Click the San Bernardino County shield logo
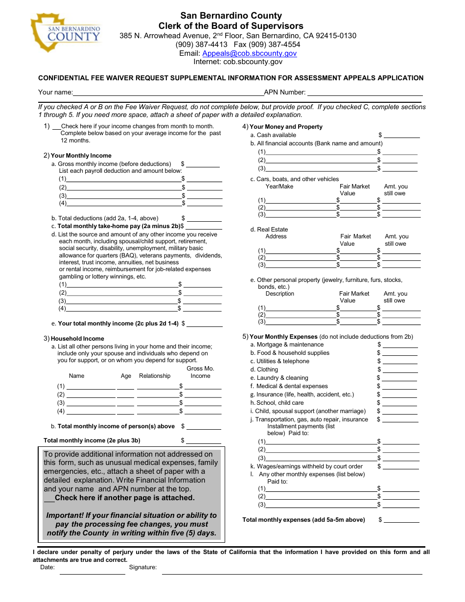pos(65,32)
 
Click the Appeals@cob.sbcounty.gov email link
pos(249,53)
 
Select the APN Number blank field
pos(364,92)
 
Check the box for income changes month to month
pos(56,127)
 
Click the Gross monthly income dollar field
pos(203,164)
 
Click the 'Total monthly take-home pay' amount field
pos(204,226)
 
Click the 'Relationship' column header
pos(155,376)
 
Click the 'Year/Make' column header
pos(279,186)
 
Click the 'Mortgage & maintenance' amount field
pos(400,345)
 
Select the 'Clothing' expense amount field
pos(400,370)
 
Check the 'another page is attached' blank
pos(49,498)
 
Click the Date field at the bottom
pos(93,570)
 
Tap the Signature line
pos(292,570)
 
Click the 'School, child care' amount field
pos(400,403)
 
